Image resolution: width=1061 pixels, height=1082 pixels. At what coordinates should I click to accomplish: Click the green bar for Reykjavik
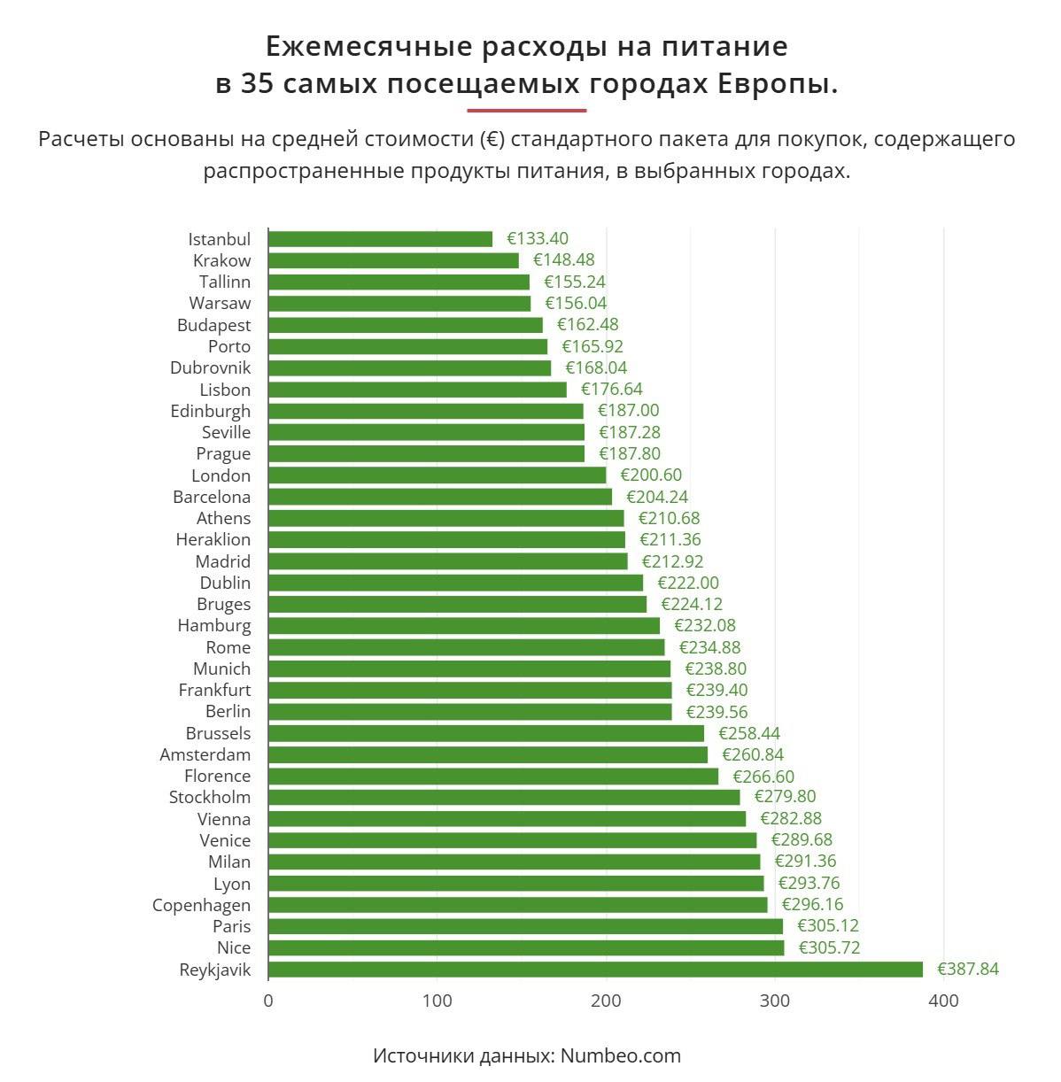595,970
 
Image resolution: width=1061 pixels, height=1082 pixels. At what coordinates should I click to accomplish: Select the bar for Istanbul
380,239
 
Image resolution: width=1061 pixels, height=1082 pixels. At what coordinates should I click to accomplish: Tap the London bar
437,475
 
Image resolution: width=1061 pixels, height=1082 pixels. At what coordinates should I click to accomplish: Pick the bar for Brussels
485,733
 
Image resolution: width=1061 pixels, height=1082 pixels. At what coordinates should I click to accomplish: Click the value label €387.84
967,970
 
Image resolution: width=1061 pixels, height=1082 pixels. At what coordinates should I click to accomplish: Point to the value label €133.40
538,239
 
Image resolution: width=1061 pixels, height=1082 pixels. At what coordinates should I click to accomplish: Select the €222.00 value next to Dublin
688,583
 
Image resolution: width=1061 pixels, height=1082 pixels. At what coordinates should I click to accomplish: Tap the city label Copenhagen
201,905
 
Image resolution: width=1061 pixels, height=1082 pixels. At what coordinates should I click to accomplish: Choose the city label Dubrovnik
210,367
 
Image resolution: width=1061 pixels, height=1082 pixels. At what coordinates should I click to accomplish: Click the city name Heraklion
213,539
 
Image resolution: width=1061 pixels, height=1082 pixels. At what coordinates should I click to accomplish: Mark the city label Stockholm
210,797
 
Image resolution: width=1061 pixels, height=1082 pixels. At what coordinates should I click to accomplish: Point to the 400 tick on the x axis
944,1001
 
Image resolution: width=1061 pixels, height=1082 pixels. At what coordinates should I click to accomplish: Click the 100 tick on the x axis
437,1001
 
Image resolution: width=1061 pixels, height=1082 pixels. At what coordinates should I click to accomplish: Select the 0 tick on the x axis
268,1001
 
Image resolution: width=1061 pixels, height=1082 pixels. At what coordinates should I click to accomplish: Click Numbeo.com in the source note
620,1055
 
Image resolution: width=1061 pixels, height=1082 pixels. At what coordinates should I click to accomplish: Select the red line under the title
527,111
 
